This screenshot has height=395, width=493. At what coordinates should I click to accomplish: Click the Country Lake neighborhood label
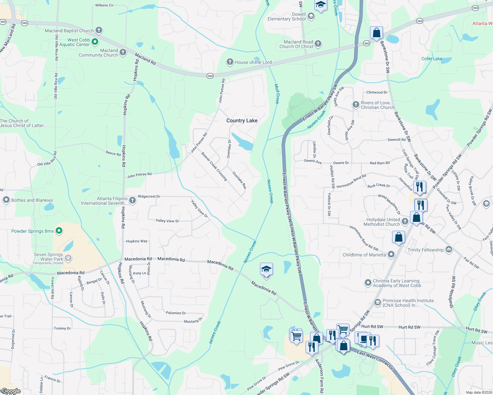tap(242, 120)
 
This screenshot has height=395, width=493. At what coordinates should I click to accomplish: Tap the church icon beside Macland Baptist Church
tap(99, 30)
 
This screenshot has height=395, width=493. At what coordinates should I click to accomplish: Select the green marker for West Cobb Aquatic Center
tap(95, 41)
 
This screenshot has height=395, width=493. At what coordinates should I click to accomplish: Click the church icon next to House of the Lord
tap(230, 62)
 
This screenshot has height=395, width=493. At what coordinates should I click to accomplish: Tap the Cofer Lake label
tap(432, 59)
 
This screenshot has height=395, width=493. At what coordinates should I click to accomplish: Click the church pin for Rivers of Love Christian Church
tap(356, 105)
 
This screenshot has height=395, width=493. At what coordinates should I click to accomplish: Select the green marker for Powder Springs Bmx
tap(59, 231)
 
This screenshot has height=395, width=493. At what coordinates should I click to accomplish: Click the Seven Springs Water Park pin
tap(68, 258)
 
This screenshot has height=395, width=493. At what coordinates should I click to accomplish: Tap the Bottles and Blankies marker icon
tap(6, 200)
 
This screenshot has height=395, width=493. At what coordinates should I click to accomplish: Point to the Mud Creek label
tap(277, 94)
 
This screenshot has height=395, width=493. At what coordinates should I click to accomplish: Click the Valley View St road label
tap(167, 221)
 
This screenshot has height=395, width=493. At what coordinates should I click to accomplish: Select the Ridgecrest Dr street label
tap(149, 196)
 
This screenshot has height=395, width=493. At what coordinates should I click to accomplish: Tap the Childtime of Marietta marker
tap(391, 254)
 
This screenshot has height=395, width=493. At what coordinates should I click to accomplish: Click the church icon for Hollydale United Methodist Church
tap(405, 221)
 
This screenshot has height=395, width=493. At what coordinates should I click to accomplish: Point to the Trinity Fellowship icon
tap(449, 250)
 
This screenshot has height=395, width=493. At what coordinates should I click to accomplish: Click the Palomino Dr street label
tap(176, 313)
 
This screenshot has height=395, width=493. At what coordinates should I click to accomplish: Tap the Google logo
tap(11, 391)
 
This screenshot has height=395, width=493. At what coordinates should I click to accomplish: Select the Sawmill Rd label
tap(396, 140)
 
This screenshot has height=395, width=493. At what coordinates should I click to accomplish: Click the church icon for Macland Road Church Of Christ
tap(318, 43)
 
